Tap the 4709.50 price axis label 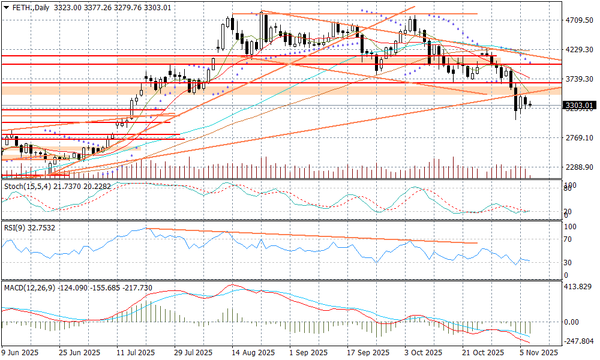pyautogui.click(x=579, y=20)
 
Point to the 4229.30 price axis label pyautogui.click(x=579, y=50)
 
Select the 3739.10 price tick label pyautogui.click(x=579, y=79)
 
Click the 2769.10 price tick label pyautogui.click(x=579, y=138)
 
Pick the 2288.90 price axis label pyautogui.click(x=579, y=167)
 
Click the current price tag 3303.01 pyautogui.click(x=579, y=106)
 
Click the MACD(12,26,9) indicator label pyautogui.click(x=29, y=288)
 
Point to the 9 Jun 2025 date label pyautogui.click(x=21, y=352)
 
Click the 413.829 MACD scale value pyautogui.click(x=578, y=287)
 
